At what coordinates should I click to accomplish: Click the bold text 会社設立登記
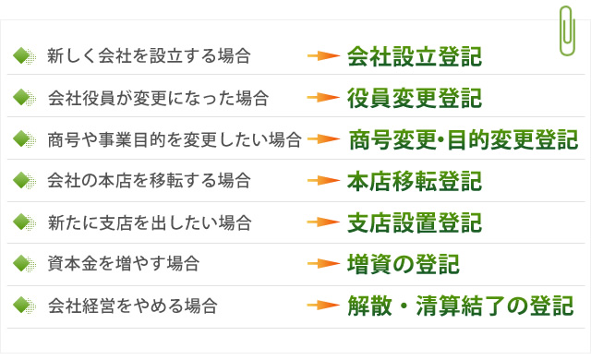[x=414, y=55]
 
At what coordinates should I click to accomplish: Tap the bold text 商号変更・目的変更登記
[x=464, y=139]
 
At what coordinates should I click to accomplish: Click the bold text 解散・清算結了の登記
[x=460, y=305]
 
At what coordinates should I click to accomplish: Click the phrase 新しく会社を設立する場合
[x=149, y=56]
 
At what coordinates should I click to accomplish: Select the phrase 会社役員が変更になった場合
[x=158, y=97]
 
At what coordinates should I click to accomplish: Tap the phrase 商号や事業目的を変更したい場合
[x=175, y=139]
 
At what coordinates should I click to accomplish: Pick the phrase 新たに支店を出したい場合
[x=149, y=222]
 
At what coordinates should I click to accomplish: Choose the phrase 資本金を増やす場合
[x=123, y=264]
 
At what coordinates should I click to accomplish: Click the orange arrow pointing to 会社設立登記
[x=324, y=56]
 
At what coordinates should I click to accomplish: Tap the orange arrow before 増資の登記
[x=324, y=264]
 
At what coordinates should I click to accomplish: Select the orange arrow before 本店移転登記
[x=324, y=181]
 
